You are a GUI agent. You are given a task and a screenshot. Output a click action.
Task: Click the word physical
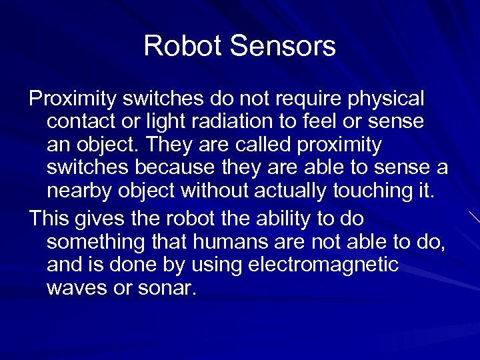click(x=387, y=99)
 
